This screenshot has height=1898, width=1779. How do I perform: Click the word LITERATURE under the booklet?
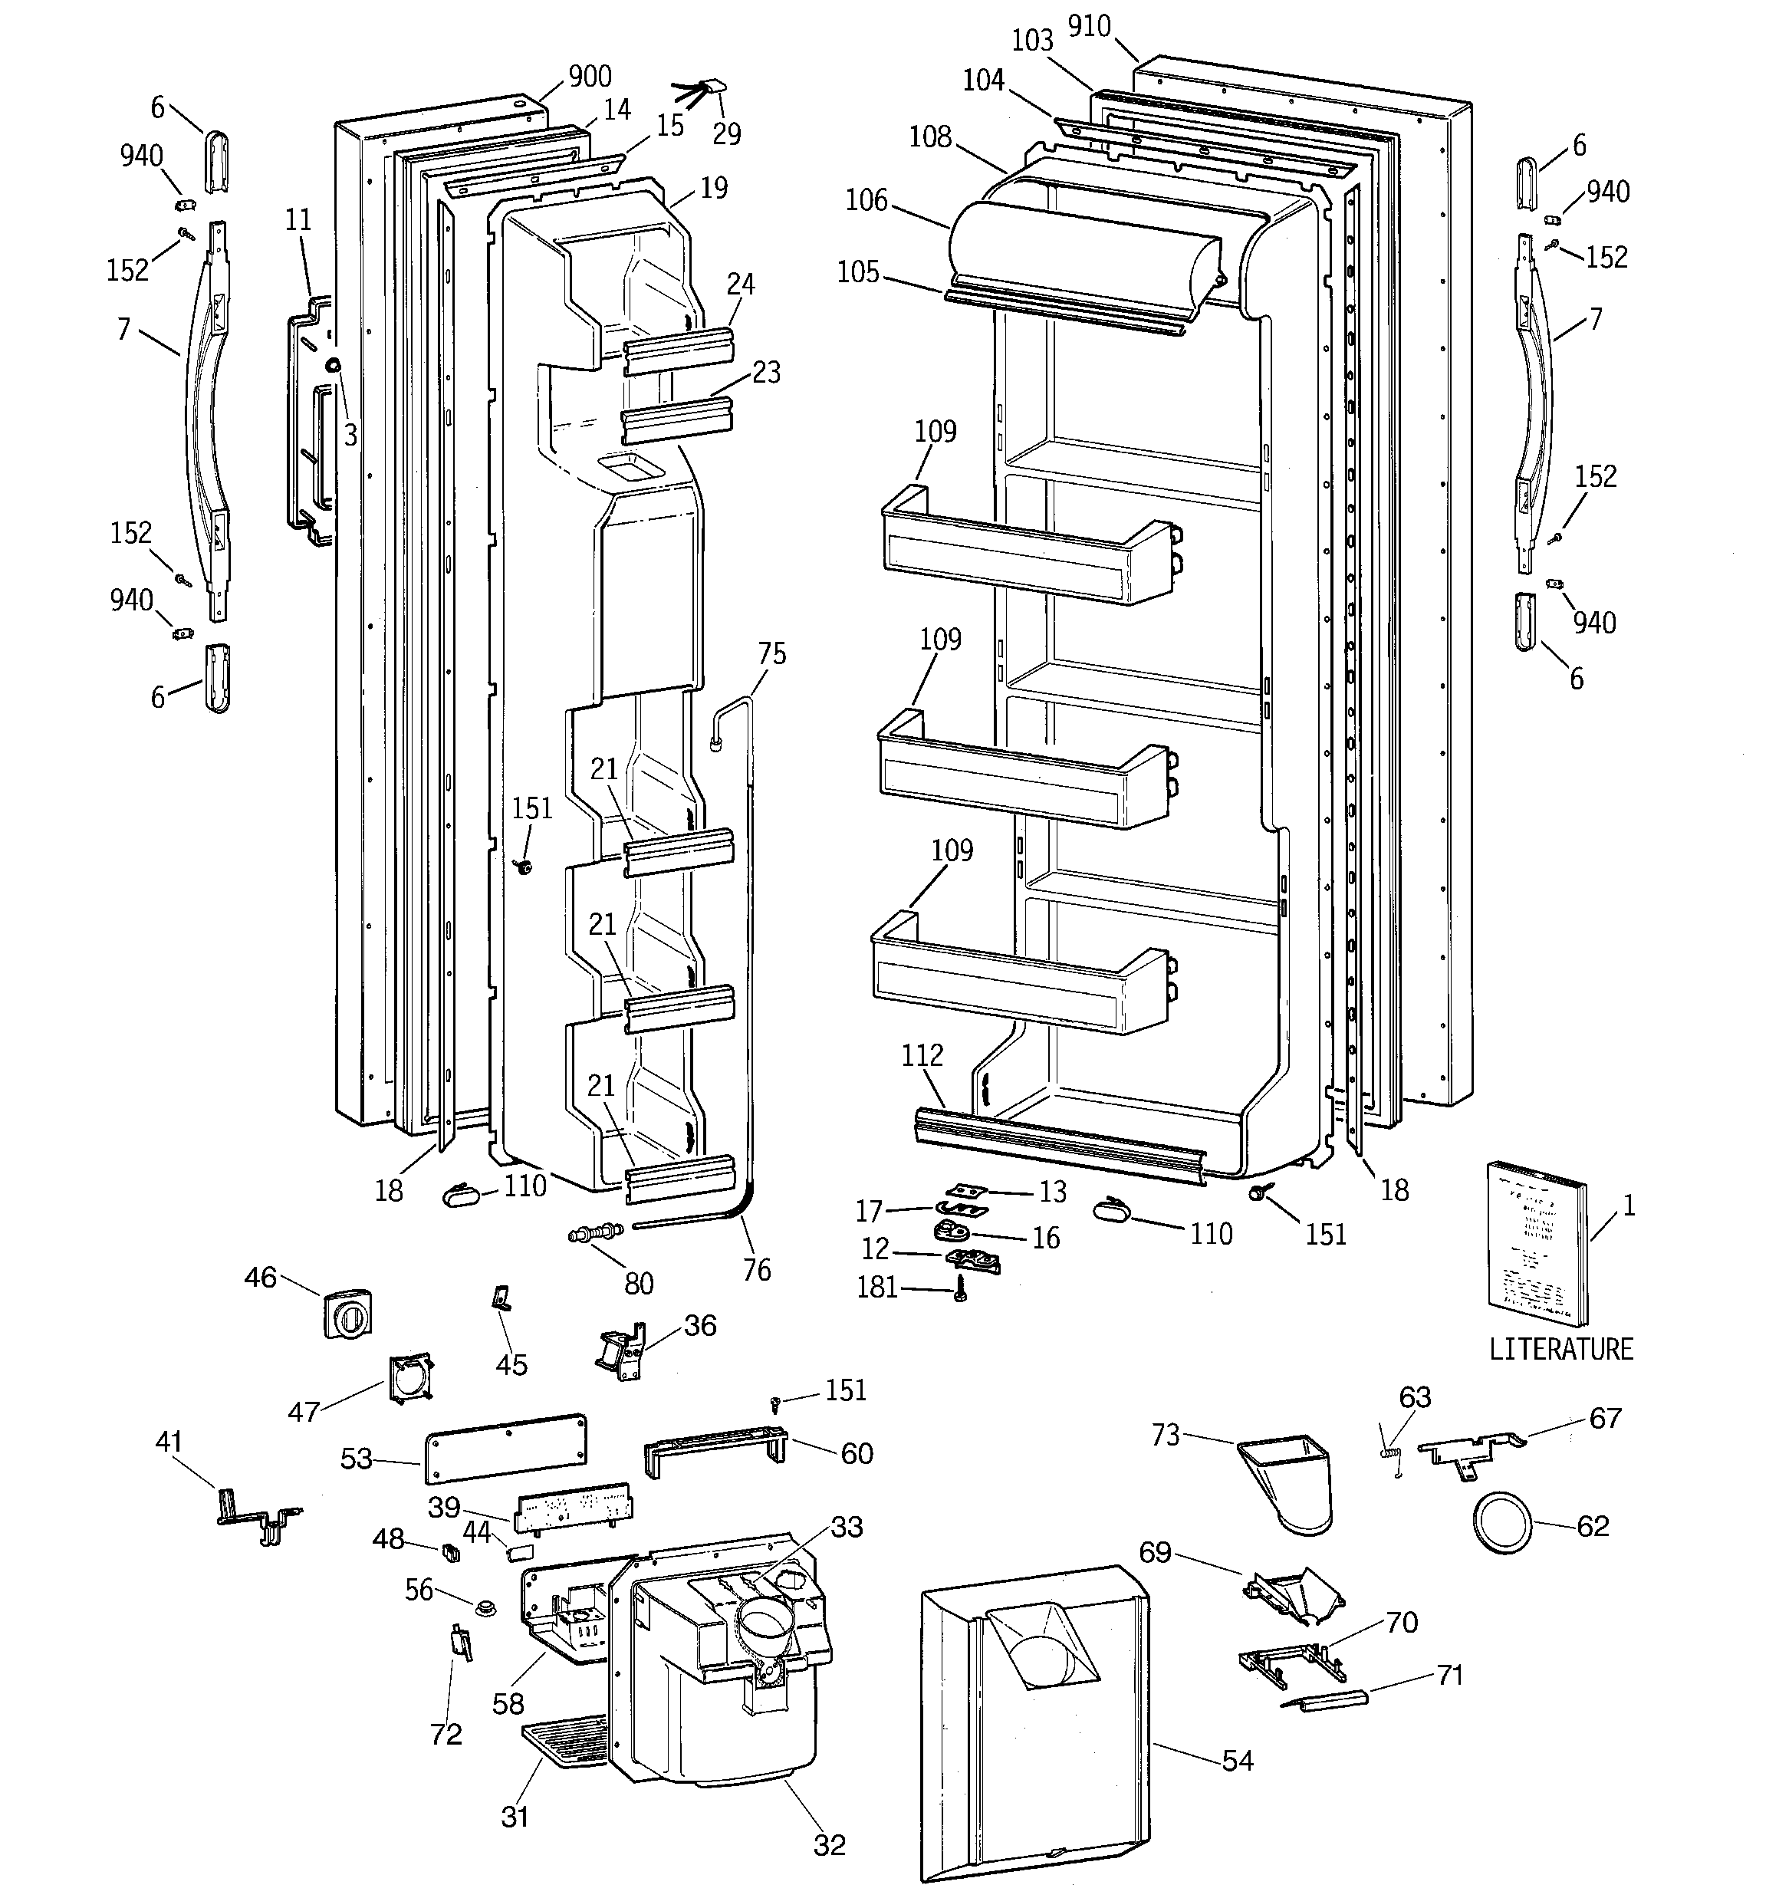(1561, 1349)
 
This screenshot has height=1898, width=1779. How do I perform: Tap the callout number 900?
(589, 77)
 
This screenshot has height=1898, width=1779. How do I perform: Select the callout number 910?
(1089, 26)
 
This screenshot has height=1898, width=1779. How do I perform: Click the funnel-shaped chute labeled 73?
(1288, 1478)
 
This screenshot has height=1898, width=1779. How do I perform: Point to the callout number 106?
(866, 200)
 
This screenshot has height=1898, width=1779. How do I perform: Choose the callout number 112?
(922, 1055)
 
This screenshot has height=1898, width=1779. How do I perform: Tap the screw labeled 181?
(961, 1295)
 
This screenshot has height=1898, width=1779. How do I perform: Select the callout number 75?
(771, 654)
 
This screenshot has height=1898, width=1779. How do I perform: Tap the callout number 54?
(1238, 1759)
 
